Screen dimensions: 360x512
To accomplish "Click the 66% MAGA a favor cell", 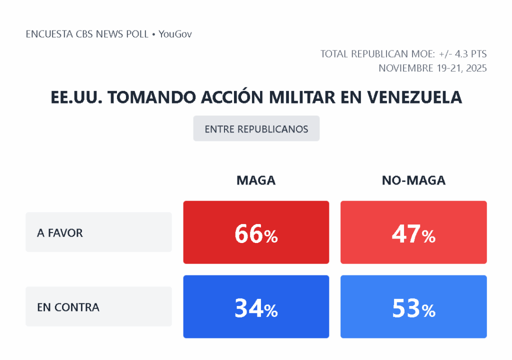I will pyautogui.click(x=256, y=232).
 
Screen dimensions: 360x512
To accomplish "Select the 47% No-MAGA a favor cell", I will pyautogui.click(x=413, y=232).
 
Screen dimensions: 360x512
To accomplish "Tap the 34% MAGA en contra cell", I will pyautogui.click(x=256, y=307).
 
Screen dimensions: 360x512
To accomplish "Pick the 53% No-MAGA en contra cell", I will pyautogui.click(x=413, y=307).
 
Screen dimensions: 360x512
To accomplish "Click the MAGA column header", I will pyautogui.click(x=256, y=180).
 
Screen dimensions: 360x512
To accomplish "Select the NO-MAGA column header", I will pyautogui.click(x=413, y=180).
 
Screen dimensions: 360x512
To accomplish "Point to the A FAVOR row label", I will pyautogui.click(x=60, y=232).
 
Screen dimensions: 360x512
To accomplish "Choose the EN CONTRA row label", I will pyautogui.click(x=68, y=307).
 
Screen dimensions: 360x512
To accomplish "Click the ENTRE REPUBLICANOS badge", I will pyautogui.click(x=256, y=129).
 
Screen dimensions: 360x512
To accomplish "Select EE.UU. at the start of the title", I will pyautogui.click(x=76, y=97).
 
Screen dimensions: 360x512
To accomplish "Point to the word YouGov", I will pyautogui.click(x=175, y=34).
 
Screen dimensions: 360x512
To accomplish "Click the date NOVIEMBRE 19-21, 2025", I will pyautogui.click(x=432, y=68).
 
